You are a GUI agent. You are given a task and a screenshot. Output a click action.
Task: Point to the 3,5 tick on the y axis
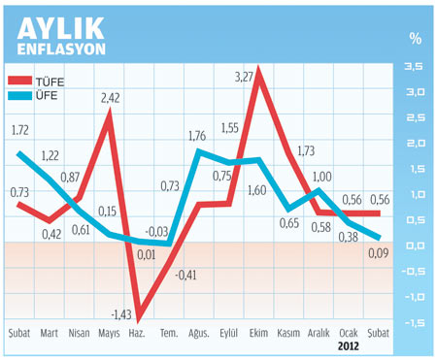click(413, 66)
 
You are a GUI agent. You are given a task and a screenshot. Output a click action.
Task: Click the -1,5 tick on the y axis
click(411, 322)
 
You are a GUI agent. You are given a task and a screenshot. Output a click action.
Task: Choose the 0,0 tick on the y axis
click(413, 245)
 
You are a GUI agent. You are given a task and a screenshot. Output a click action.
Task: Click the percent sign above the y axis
click(415, 39)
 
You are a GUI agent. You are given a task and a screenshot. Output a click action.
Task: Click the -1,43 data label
click(122, 314)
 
